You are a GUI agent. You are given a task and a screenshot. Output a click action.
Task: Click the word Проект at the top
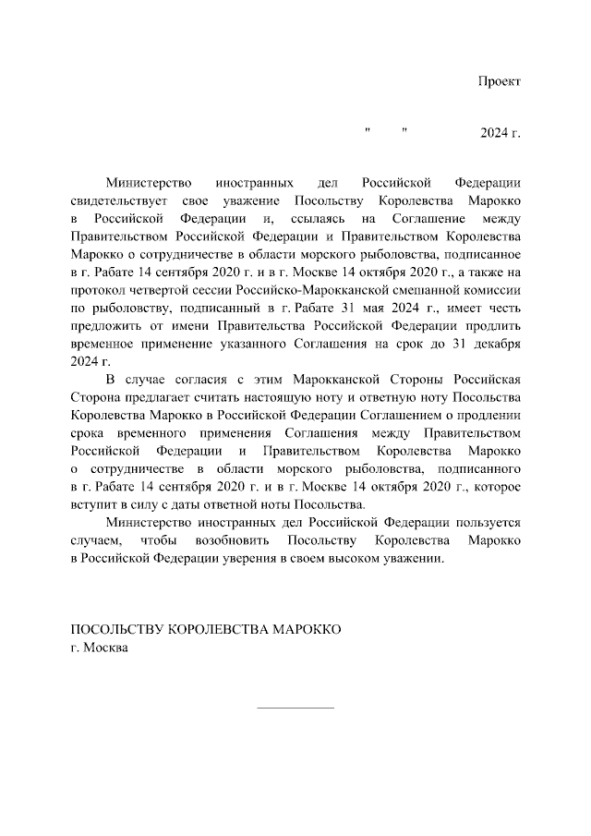499,81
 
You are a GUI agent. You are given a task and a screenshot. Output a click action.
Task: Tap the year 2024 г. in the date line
500,134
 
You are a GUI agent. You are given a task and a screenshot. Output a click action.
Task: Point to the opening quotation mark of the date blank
368,131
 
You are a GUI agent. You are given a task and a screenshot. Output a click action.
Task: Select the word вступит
92,503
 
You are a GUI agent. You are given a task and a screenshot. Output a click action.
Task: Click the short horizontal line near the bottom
295,709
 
